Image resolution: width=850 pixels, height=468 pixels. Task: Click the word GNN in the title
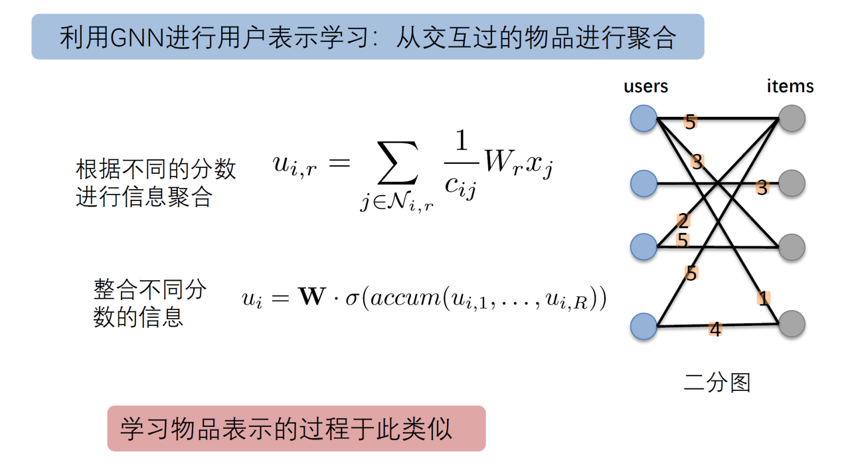[x=137, y=38]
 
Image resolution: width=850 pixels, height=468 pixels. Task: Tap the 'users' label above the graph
[x=646, y=86]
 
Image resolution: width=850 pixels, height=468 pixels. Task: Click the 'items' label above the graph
[x=790, y=86]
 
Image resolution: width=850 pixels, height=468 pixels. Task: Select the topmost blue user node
[x=644, y=119]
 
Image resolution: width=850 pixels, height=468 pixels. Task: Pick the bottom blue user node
[x=644, y=326]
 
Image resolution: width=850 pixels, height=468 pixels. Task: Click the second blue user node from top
[x=644, y=184]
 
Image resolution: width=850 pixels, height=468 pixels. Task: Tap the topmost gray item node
[x=792, y=118]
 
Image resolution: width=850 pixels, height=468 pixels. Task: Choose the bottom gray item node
[x=792, y=324]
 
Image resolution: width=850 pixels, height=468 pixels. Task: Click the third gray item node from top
[x=792, y=247]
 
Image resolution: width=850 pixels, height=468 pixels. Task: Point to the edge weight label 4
[x=715, y=329]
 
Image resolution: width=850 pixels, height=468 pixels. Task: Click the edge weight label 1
[x=764, y=298]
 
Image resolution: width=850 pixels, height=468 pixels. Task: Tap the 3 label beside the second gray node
[x=762, y=187]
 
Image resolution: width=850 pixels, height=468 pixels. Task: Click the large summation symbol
[x=397, y=163]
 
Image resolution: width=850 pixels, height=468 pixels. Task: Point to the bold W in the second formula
[x=312, y=297]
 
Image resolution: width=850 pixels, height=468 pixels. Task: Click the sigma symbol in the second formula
[x=352, y=299]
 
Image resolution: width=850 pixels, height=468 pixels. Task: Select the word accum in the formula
[x=405, y=299]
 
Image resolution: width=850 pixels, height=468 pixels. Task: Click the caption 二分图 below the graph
[x=717, y=382]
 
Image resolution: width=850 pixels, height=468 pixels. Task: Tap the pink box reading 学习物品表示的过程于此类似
[x=296, y=429]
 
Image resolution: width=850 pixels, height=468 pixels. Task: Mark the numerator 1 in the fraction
[x=462, y=140]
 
